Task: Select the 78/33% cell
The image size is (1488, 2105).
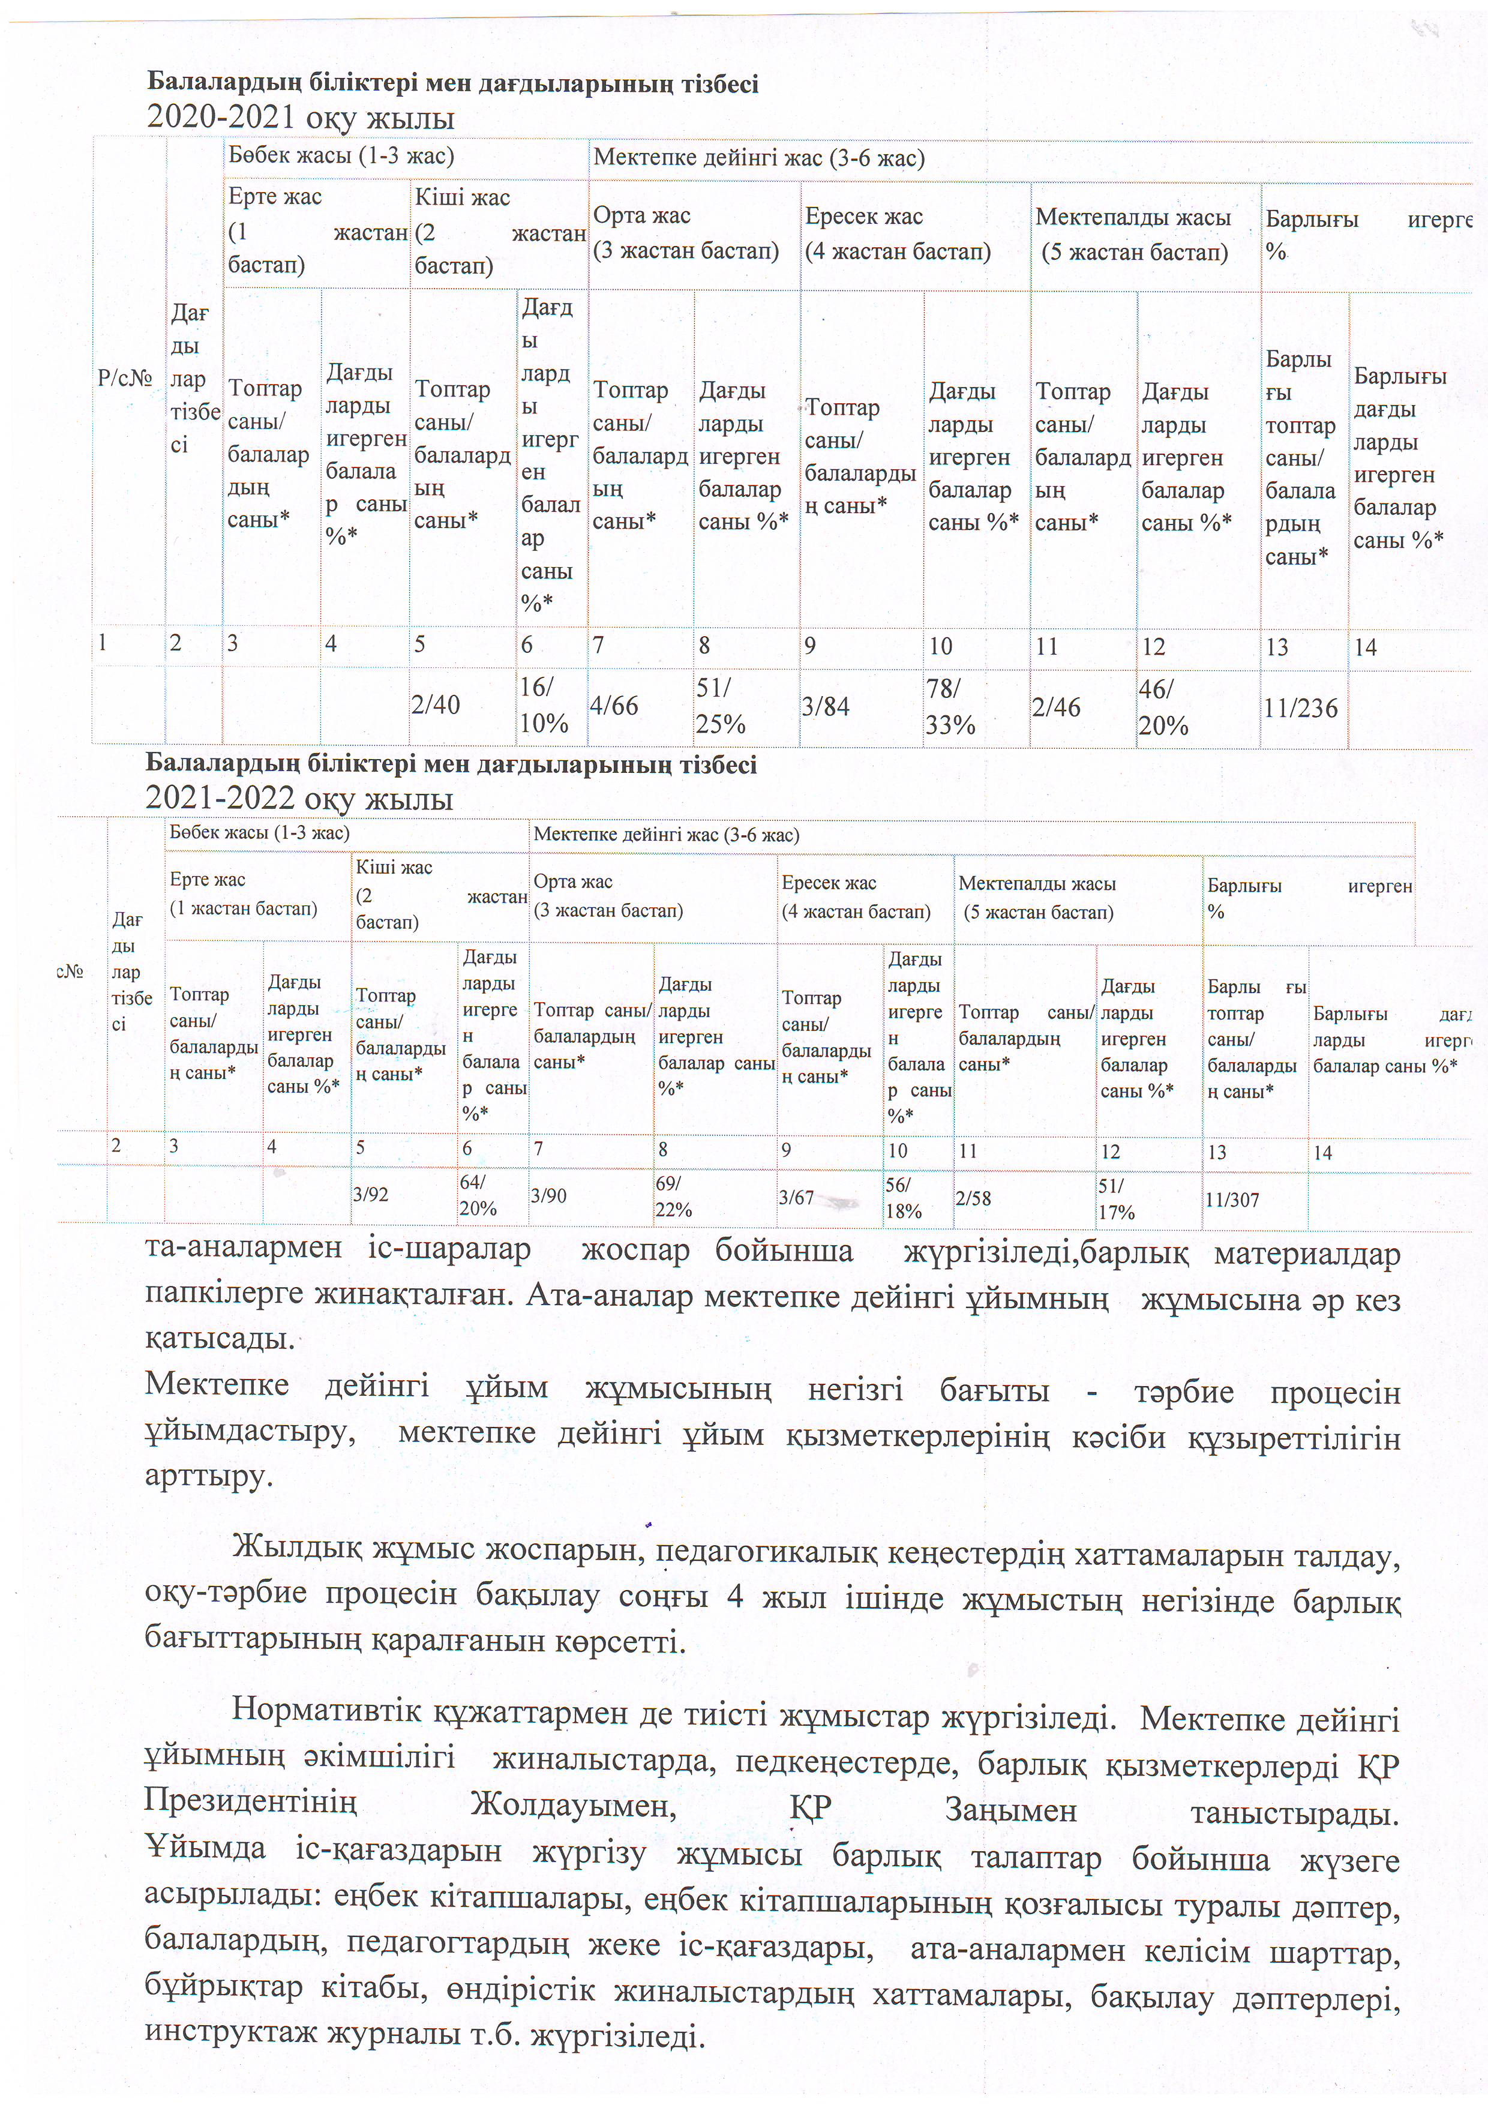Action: coord(951,707)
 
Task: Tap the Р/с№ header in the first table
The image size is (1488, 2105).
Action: coord(125,377)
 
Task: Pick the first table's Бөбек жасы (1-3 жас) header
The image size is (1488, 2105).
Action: coord(341,156)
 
